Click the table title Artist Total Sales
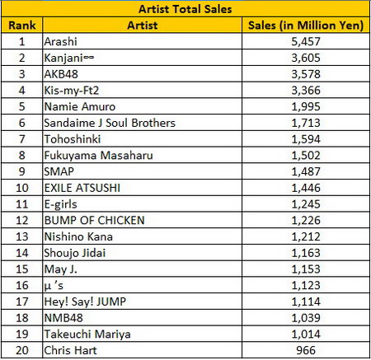click(185, 9)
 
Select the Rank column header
click(22, 26)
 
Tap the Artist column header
click(143, 26)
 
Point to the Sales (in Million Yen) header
click(306, 26)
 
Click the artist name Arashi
click(60, 41)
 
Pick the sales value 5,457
click(306, 41)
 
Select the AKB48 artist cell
click(61, 74)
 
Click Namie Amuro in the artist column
click(80, 106)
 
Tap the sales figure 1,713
click(306, 123)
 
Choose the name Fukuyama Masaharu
click(98, 156)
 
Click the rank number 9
click(22, 171)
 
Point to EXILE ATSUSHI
click(82, 188)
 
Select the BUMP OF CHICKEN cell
click(94, 220)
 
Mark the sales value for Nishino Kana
click(306, 236)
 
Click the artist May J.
click(60, 269)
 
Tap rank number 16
click(22, 285)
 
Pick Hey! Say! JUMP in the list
click(85, 302)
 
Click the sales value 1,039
click(306, 318)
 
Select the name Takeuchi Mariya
click(87, 334)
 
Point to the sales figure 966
click(306, 350)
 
